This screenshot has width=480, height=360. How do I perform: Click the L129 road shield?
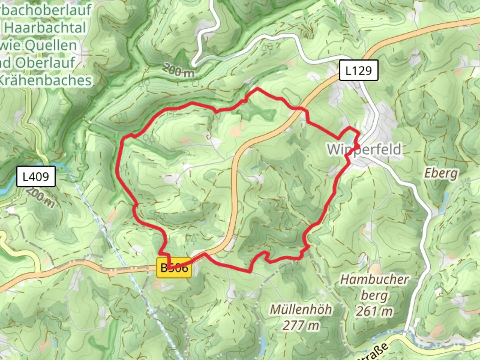pyautogui.click(x=359, y=70)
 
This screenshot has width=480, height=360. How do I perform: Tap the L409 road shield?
pyautogui.click(x=36, y=176)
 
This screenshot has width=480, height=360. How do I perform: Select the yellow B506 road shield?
pyautogui.click(x=174, y=268)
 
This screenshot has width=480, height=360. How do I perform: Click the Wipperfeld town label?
pyautogui.click(x=364, y=149)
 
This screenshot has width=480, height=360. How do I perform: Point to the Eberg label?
pyautogui.click(x=441, y=173)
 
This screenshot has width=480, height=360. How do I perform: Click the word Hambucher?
pyautogui.click(x=374, y=279)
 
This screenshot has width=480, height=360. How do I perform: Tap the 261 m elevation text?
pyautogui.click(x=374, y=311)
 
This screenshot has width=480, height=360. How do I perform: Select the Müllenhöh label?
pyautogui.click(x=301, y=309)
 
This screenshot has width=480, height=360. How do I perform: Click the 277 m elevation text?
pyautogui.click(x=301, y=325)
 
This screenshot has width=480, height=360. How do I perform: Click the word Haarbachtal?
pyautogui.click(x=45, y=28)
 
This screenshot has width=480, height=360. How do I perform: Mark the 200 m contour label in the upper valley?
pyautogui.click(x=178, y=71)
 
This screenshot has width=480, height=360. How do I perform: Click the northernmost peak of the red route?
pyautogui.click(x=257, y=88)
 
